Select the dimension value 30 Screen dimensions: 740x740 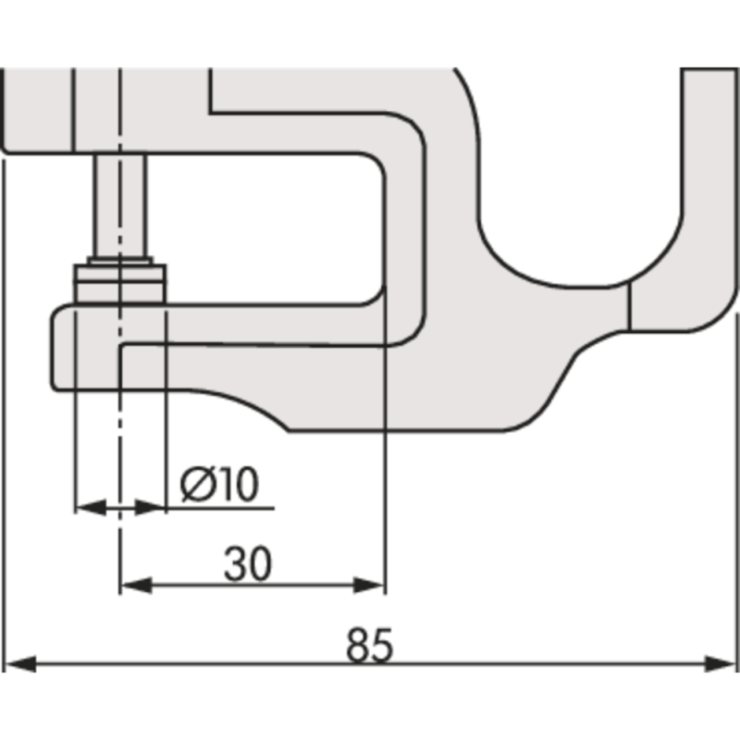(248, 563)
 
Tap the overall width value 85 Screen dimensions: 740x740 (370, 646)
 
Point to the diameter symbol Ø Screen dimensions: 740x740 (196, 484)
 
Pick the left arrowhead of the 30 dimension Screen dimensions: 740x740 (135, 585)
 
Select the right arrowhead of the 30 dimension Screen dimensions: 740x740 (369, 585)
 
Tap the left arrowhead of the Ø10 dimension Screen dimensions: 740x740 (88, 507)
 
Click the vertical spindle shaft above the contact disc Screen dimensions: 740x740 (120, 203)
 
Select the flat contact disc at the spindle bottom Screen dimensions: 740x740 (120, 283)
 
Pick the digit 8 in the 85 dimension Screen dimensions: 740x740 (358, 646)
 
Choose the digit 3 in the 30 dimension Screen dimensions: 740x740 (236, 563)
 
